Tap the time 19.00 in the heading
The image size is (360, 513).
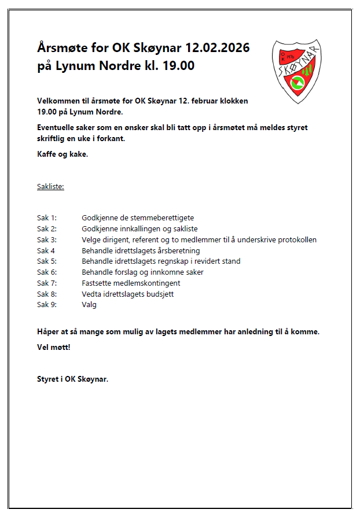(x=178, y=65)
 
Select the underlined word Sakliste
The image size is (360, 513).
(x=50, y=187)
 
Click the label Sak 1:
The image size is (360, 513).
(x=47, y=217)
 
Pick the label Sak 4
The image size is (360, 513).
(x=46, y=250)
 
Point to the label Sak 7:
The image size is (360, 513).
(x=47, y=283)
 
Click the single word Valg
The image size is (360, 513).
(x=89, y=305)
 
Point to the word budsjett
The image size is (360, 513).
(x=160, y=294)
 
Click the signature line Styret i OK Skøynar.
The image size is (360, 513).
(x=72, y=379)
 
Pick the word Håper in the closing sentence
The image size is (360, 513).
(x=48, y=332)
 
